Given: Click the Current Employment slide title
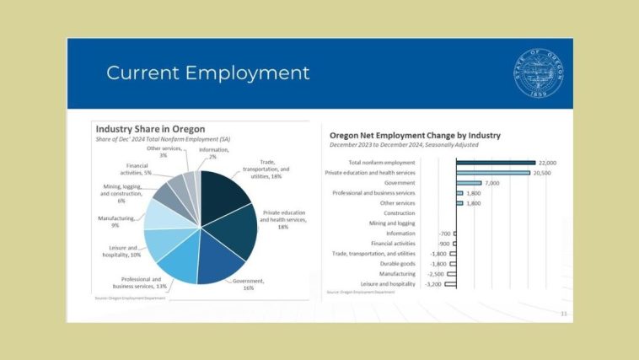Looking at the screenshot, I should pyautogui.click(x=207, y=73).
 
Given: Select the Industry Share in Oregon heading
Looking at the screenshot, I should pyautogui.click(x=150, y=129).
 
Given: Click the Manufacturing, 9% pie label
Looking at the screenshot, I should pyautogui.click(x=114, y=222).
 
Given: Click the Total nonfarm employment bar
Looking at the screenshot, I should pyautogui.click(x=496, y=162).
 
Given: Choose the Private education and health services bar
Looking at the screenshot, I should pyautogui.click(x=493, y=172).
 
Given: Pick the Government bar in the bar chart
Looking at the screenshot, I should pyautogui.click(x=469, y=182).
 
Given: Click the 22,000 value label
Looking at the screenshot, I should pyautogui.click(x=548, y=162).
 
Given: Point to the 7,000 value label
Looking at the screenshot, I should pyautogui.click(x=493, y=182).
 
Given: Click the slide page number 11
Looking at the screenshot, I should pyautogui.click(x=563, y=313).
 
